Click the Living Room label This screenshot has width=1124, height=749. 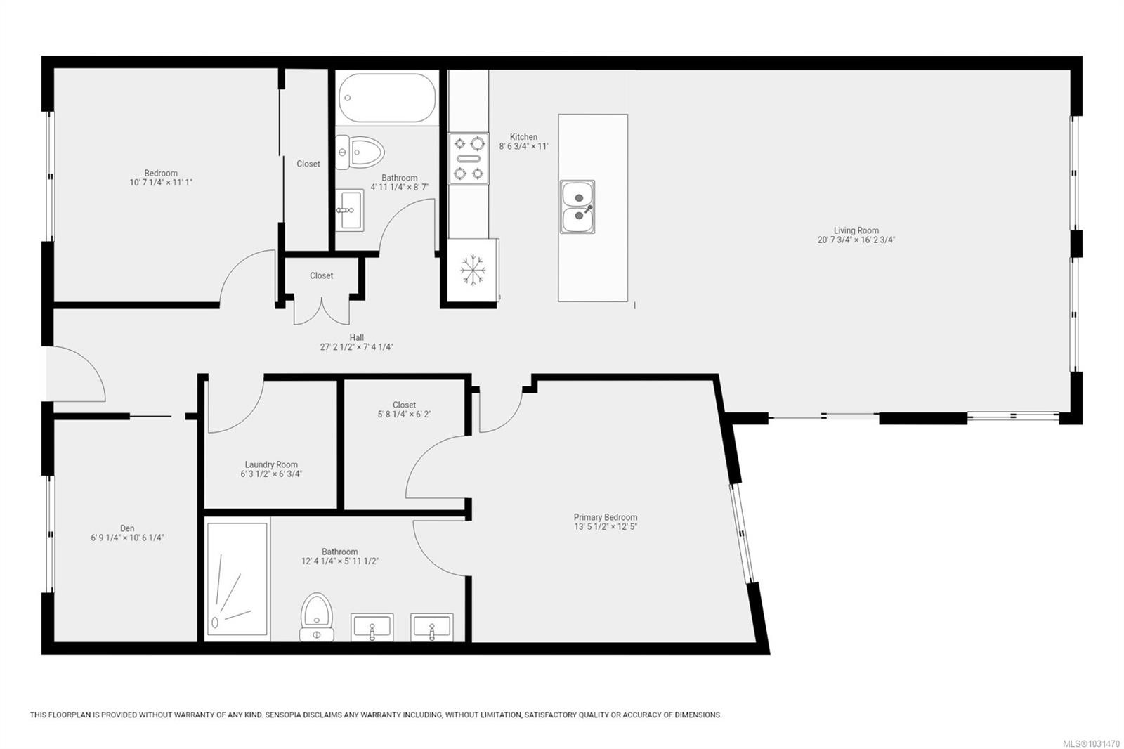[x=856, y=230]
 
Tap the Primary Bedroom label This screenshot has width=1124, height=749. [x=605, y=517]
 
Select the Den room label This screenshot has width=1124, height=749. [x=127, y=528]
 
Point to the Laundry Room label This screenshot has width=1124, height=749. [x=271, y=464]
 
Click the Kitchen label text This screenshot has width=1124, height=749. [x=523, y=136]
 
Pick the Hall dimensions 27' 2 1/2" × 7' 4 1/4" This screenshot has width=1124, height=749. [x=356, y=347]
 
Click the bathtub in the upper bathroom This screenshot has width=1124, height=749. [x=387, y=98]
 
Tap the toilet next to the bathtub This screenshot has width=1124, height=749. [x=360, y=152]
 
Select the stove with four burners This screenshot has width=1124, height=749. [x=468, y=159]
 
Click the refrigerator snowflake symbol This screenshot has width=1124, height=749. [x=472, y=270]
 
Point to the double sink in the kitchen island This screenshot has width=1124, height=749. [x=577, y=207]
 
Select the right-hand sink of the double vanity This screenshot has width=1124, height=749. [x=431, y=627]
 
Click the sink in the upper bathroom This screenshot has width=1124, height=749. [x=349, y=210]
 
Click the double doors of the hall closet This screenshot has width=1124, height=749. [x=321, y=311]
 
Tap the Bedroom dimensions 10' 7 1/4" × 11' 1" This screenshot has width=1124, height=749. [x=161, y=183]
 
